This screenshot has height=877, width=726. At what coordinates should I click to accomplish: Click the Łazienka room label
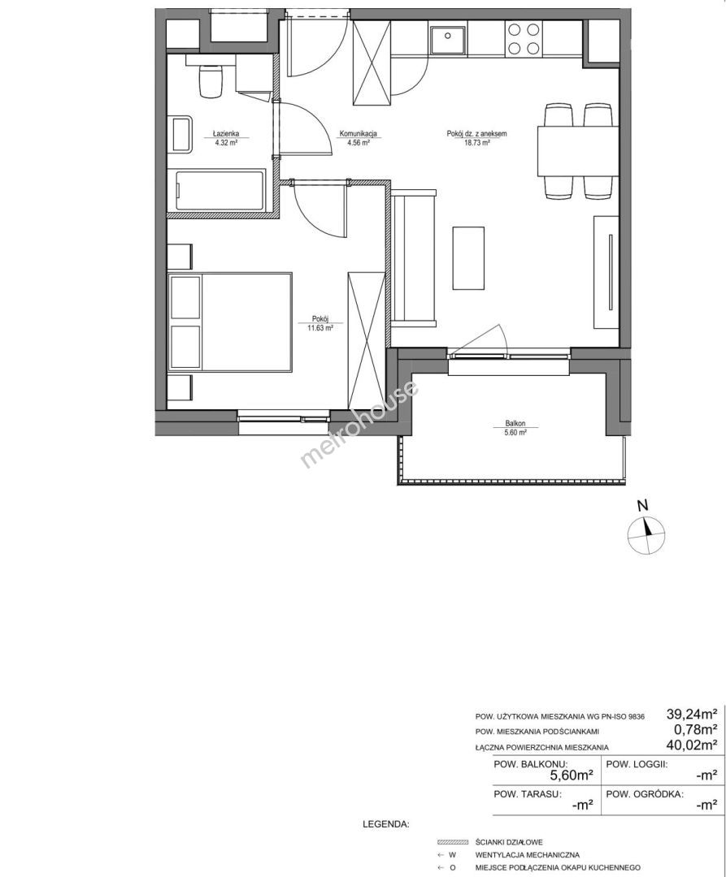225,134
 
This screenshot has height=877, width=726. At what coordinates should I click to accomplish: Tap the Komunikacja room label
359,134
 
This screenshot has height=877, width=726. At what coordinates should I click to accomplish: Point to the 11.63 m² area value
320,329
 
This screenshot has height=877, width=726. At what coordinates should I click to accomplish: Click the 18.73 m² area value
477,143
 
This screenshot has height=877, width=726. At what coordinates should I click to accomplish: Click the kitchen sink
447,39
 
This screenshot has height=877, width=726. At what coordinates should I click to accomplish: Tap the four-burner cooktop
524,39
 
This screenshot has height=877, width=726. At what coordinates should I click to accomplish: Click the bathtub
220,192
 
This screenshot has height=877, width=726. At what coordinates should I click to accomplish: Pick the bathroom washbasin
180,134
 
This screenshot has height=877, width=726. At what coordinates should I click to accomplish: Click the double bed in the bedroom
230,322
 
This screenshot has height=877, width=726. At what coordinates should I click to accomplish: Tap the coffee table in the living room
468,257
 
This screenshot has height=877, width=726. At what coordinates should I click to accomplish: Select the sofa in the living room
414,257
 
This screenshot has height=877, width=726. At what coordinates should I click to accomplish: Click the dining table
578,151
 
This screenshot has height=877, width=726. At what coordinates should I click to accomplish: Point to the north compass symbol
646,534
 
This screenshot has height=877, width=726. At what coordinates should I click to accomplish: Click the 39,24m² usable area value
692,715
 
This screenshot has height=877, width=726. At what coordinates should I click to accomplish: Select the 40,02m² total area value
692,745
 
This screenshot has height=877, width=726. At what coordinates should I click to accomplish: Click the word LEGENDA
386,824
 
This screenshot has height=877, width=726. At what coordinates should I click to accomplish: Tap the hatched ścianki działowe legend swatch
453,842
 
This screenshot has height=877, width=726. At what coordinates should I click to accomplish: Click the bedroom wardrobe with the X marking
366,342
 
